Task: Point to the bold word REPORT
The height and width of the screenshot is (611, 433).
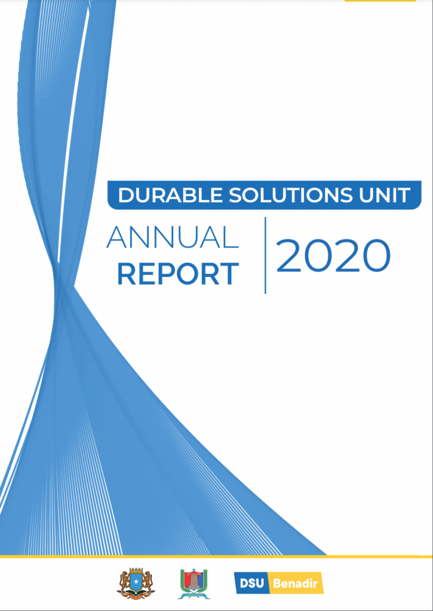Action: pos(178,274)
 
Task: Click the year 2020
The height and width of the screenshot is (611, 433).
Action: pos(333,255)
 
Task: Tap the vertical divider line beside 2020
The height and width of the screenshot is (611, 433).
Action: pos(265,255)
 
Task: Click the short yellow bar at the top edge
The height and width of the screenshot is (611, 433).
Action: pos(380,1)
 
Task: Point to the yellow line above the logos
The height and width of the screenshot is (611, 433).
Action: pos(216,557)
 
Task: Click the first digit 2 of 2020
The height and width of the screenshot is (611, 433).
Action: pos(289,255)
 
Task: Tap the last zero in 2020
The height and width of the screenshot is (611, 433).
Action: pos(376,255)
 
